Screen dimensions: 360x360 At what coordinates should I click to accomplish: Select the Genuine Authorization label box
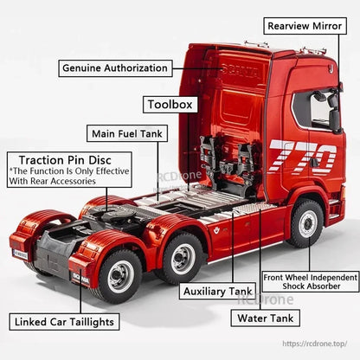coord(114,67)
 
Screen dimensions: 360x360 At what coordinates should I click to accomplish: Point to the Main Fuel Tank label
coord(125,133)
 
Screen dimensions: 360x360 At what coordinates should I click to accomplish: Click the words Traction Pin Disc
coord(69,160)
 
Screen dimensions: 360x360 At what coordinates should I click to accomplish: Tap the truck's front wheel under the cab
coord(306,223)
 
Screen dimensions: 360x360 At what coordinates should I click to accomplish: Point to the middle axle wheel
coord(183,258)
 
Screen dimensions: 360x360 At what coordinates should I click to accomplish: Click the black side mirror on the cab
coord(333,112)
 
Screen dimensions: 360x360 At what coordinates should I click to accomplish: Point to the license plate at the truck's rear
coord(20,253)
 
